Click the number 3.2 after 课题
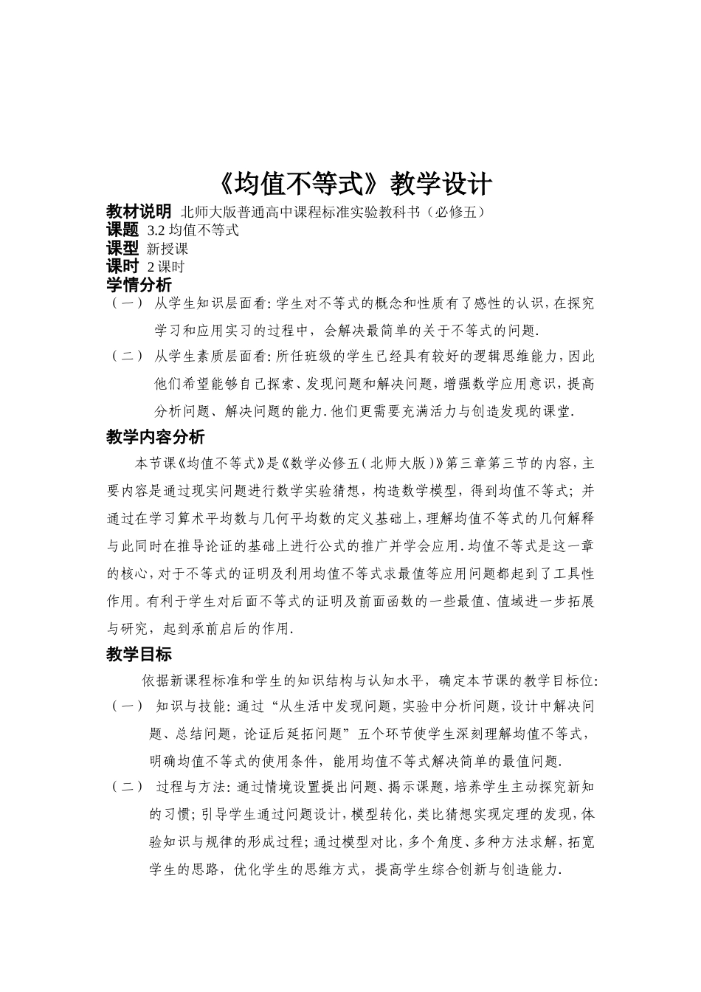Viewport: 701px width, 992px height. pyautogui.click(x=156, y=230)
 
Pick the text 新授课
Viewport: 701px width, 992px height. pyautogui.click(x=168, y=249)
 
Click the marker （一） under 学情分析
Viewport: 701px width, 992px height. pyautogui.click(x=127, y=303)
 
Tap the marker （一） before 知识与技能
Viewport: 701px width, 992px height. pyautogui.click(x=127, y=706)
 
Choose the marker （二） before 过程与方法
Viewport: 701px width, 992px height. pyautogui.click(x=127, y=787)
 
